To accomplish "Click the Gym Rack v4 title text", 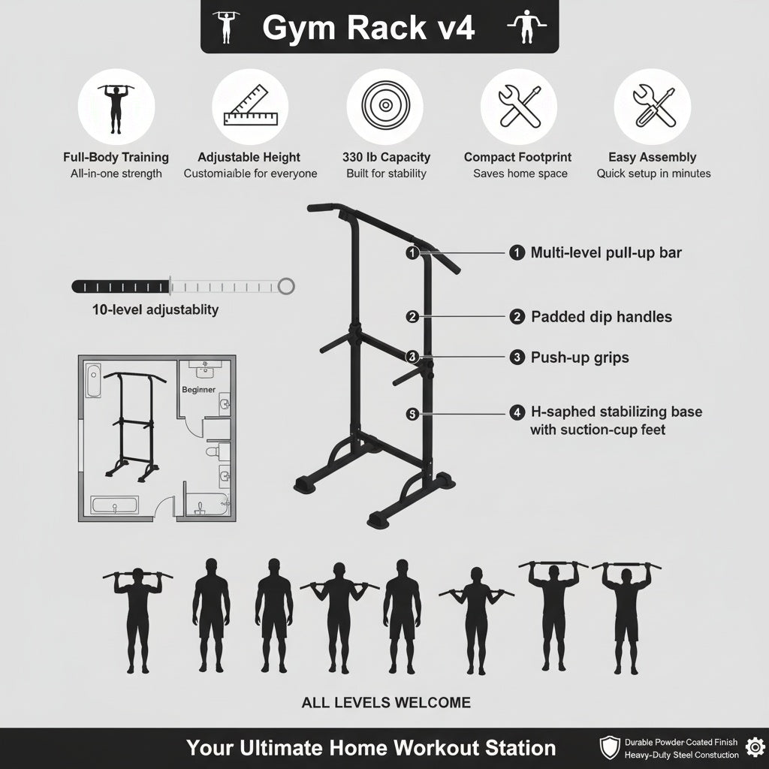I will (x=368, y=28).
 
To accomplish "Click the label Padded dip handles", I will (x=601, y=317).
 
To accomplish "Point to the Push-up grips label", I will (x=579, y=357).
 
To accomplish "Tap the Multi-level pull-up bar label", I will (x=605, y=253).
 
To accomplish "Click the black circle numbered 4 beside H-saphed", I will (x=517, y=412).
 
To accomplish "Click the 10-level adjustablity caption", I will (x=155, y=309).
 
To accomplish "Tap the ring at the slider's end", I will (x=285, y=285).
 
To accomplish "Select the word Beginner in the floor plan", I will (x=198, y=390).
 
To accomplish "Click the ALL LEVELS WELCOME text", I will (x=386, y=703).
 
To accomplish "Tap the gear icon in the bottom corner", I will (x=753, y=747).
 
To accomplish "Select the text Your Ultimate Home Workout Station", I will (x=371, y=748).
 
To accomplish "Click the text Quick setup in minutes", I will (x=653, y=173).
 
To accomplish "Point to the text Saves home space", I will (x=520, y=173).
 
